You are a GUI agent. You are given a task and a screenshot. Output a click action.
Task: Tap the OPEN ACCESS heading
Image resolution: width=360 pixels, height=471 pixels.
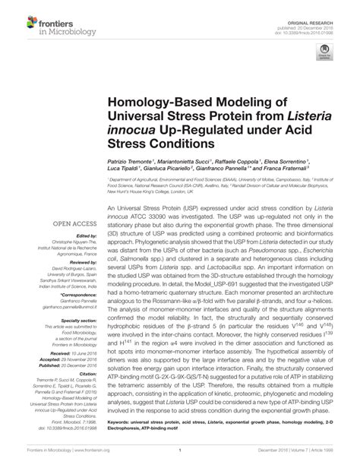[x=73, y=223]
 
